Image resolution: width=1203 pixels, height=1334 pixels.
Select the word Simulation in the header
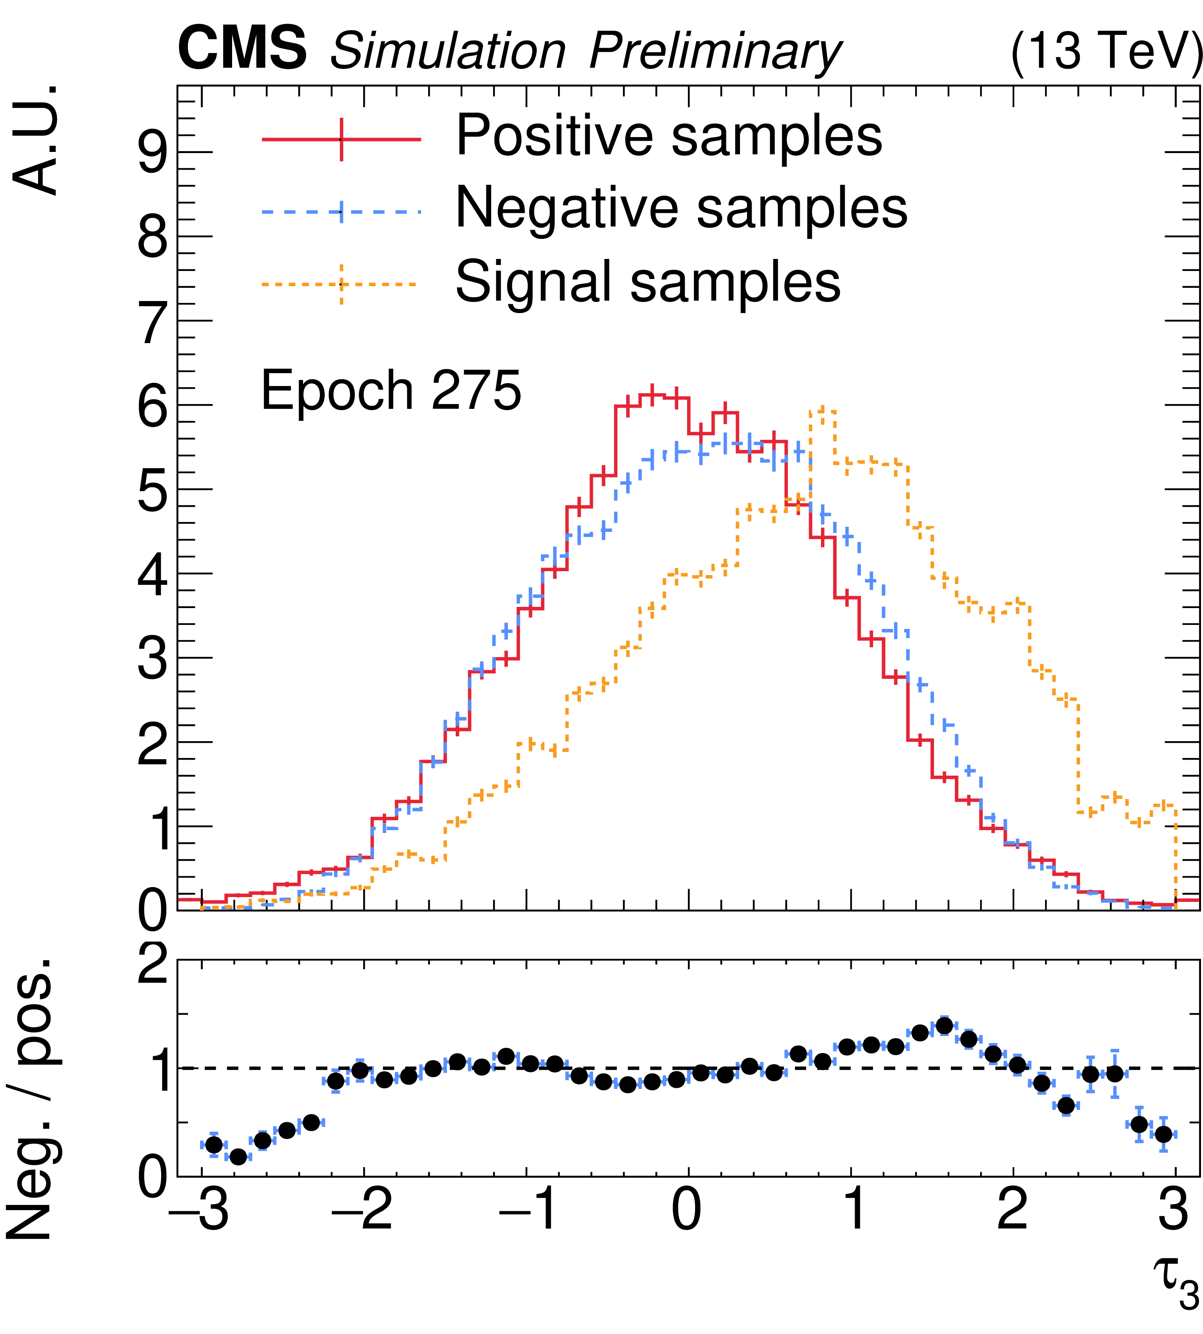point(447,51)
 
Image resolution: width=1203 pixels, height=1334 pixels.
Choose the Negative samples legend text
point(681,208)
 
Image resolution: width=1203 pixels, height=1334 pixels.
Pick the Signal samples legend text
point(648,281)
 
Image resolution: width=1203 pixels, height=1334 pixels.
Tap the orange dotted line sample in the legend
point(341,284)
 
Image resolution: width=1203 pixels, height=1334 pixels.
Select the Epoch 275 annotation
point(391,391)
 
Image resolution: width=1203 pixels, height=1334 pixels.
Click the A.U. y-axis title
point(36,140)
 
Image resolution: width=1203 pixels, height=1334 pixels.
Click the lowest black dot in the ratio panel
point(238,1157)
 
